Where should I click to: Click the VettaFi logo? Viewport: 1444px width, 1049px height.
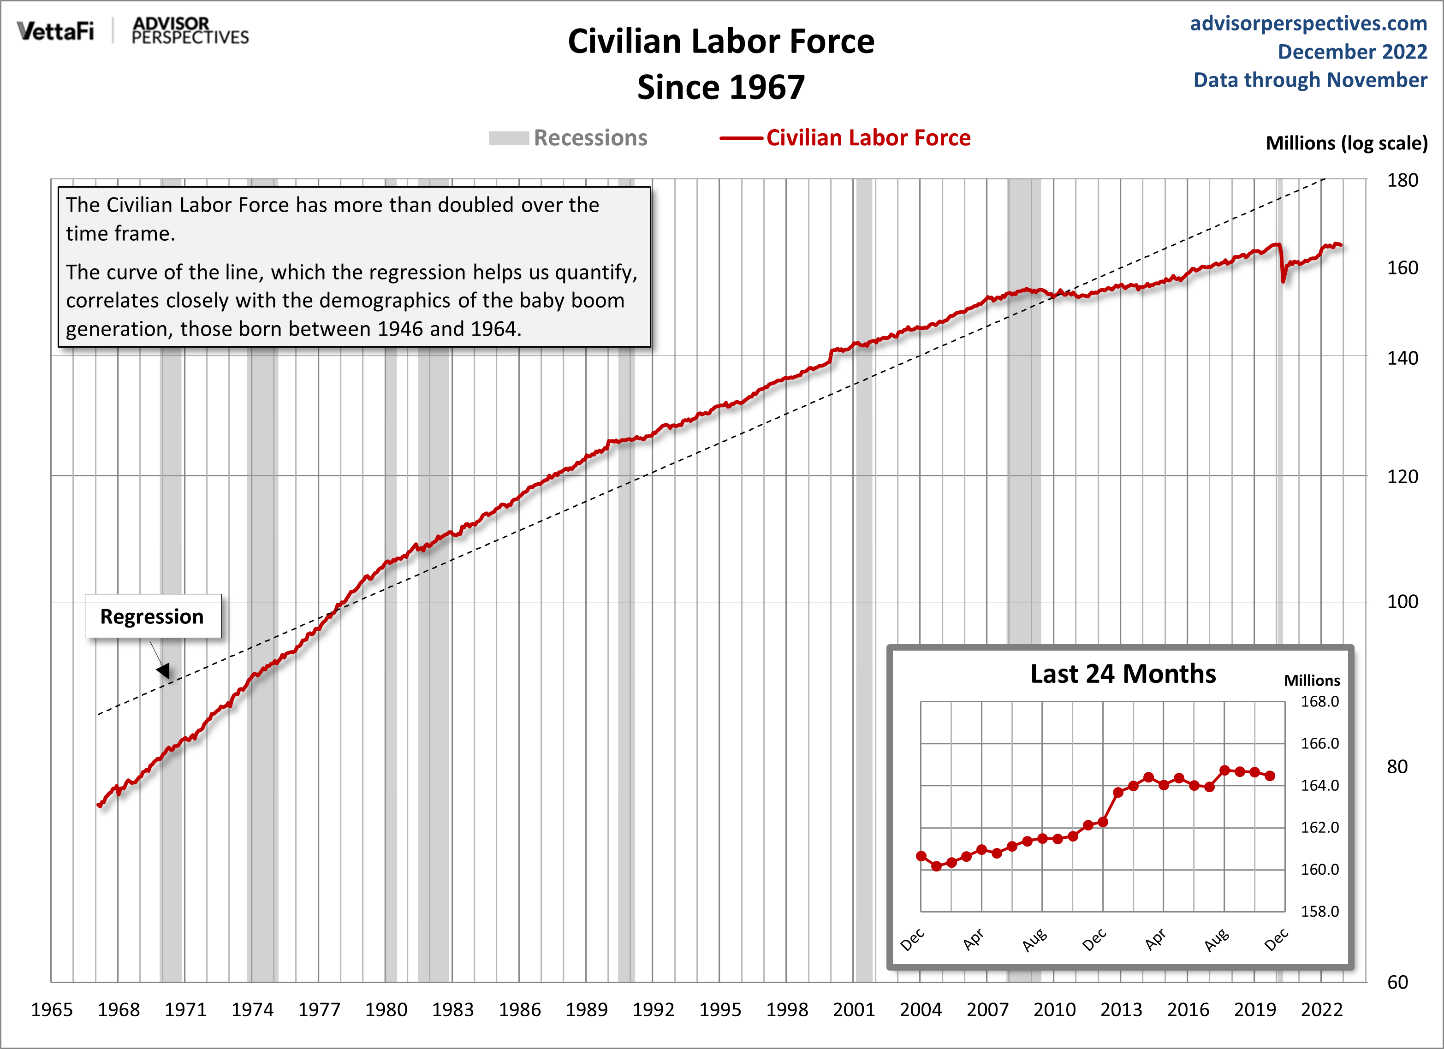(x=55, y=30)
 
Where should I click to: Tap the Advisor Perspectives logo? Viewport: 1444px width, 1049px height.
(x=190, y=30)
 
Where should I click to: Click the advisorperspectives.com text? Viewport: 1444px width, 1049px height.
(x=1308, y=23)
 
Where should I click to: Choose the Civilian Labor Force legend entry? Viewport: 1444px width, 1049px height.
(x=845, y=138)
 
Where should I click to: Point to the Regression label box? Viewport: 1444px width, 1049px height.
(x=153, y=616)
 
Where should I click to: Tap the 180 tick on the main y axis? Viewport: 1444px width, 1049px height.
(x=1402, y=181)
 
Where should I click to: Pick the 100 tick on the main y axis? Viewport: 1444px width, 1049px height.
(x=1402, y=602)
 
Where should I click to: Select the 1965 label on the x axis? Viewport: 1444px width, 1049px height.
(x=52, y=1009)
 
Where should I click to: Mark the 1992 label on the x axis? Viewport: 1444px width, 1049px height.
(x=653, y=1009)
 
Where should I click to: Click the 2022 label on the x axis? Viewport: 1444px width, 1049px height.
(x=1322, y=1009)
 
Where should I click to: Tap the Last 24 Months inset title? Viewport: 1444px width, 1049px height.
(x=1123, y=674)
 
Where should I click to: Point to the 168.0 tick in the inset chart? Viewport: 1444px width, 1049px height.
(x=1319, y=701)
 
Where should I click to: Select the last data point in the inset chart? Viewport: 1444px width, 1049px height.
(x=1270, y=776)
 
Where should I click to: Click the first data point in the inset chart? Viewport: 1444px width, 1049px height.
(x=921, y=856)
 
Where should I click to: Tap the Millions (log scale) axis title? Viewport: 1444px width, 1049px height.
(x=1346, y=143)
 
